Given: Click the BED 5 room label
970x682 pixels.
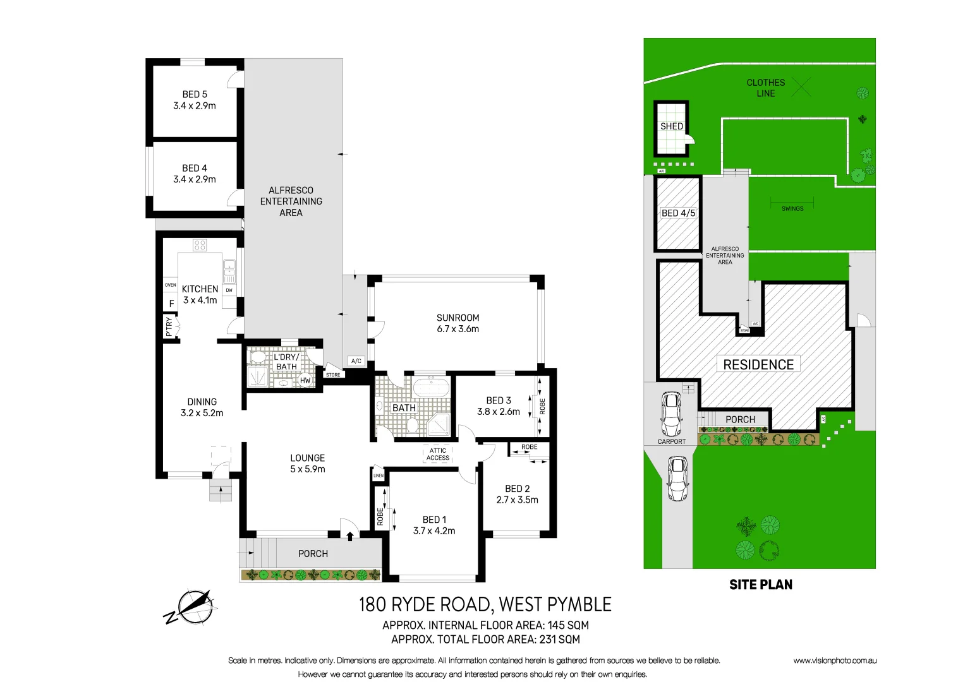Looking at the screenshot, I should coord(195,95).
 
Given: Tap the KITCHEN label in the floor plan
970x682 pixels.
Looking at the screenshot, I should coord(200,289).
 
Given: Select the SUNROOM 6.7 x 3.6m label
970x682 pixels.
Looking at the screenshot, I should coord(458,323).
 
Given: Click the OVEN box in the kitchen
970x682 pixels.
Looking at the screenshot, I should coord(171,285).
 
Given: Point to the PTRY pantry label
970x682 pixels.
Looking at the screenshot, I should coord(169,326).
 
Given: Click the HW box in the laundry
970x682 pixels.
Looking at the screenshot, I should coord(305,380).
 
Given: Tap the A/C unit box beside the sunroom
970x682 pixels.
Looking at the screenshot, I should coord(356,361).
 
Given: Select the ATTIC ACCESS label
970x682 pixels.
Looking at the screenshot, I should coord(438,455).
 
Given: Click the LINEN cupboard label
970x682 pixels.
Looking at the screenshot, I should coord(379,476).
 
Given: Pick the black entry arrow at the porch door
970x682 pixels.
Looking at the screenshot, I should coord(349,536).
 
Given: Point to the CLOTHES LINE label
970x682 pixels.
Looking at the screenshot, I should coord(765,88).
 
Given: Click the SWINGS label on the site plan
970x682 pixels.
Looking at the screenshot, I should coord(792,208).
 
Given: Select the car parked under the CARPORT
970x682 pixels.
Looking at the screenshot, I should coord(671,414).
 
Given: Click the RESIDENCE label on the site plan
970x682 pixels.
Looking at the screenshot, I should coord(758,364).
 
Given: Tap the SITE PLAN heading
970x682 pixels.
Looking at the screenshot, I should coord(760,585).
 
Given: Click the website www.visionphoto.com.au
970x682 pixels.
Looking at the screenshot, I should coord(835,661).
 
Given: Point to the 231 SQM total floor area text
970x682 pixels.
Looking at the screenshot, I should coord(559,639).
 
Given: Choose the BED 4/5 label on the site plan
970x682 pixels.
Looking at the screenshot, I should coord(678,213).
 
